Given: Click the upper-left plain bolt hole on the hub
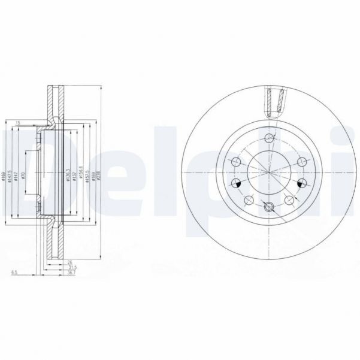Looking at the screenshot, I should point(237,162).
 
